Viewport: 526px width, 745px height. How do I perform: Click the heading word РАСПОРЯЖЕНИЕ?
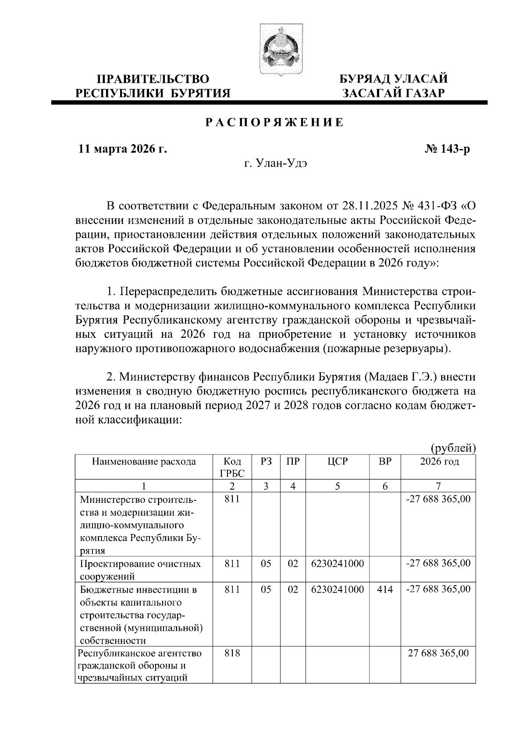pyautogui.click(x=275, y=123)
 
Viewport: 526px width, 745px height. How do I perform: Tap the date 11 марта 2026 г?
pyautogui.click(x=123, y=149)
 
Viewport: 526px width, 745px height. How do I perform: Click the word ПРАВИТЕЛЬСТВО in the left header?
pyautogui.click(x=153, y=79)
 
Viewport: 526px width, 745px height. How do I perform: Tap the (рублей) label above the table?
pyautogui.click(x=453, y=448)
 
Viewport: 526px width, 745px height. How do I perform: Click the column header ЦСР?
pyautogui.click(x=338, y=462)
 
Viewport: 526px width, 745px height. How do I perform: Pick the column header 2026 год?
pyautogui.click(x=439, y=462)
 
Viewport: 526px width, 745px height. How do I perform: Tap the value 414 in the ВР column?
pyautogui.click(x=385, y=589)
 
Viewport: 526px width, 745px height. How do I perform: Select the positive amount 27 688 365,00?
pyautogui.click(x=438, y=653)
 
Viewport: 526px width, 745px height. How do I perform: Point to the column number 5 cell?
pyautogui.click(x=338, y=486)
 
